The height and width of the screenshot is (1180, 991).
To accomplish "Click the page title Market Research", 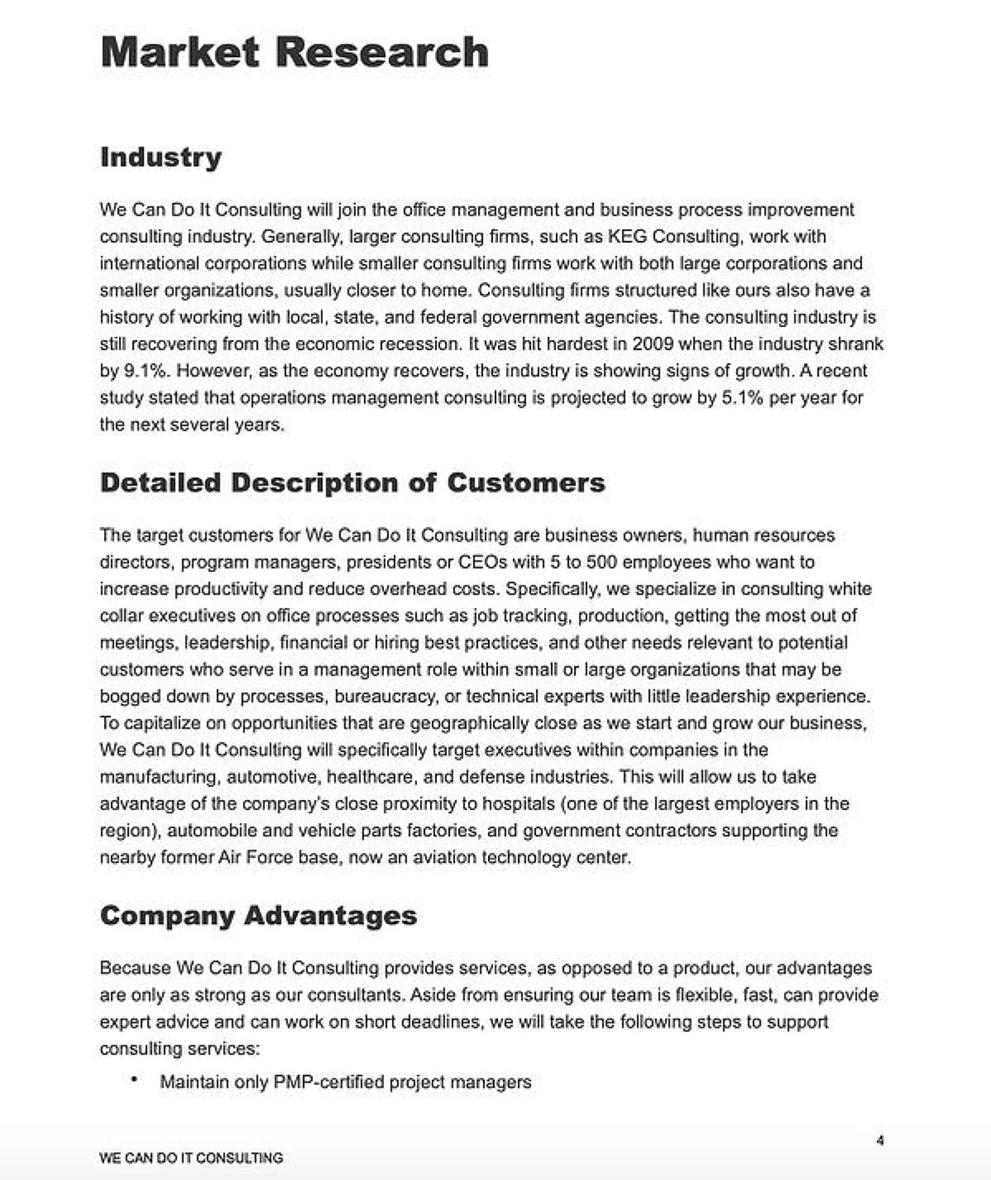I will (x=294, y=52).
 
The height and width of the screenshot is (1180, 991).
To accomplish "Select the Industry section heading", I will (x=160, y=157).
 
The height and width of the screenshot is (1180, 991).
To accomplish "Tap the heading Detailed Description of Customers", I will (x=352, y=482).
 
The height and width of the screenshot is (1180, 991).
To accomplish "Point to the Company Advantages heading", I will (x=258, y=915).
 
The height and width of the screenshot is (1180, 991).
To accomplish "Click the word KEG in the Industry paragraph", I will (x=627, y=237).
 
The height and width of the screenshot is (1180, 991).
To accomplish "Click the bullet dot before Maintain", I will (x=134, y=1080).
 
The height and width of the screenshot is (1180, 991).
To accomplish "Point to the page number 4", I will (x=880, y=1141).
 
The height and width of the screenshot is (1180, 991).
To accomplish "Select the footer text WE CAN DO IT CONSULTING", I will (x=191, y=1158).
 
